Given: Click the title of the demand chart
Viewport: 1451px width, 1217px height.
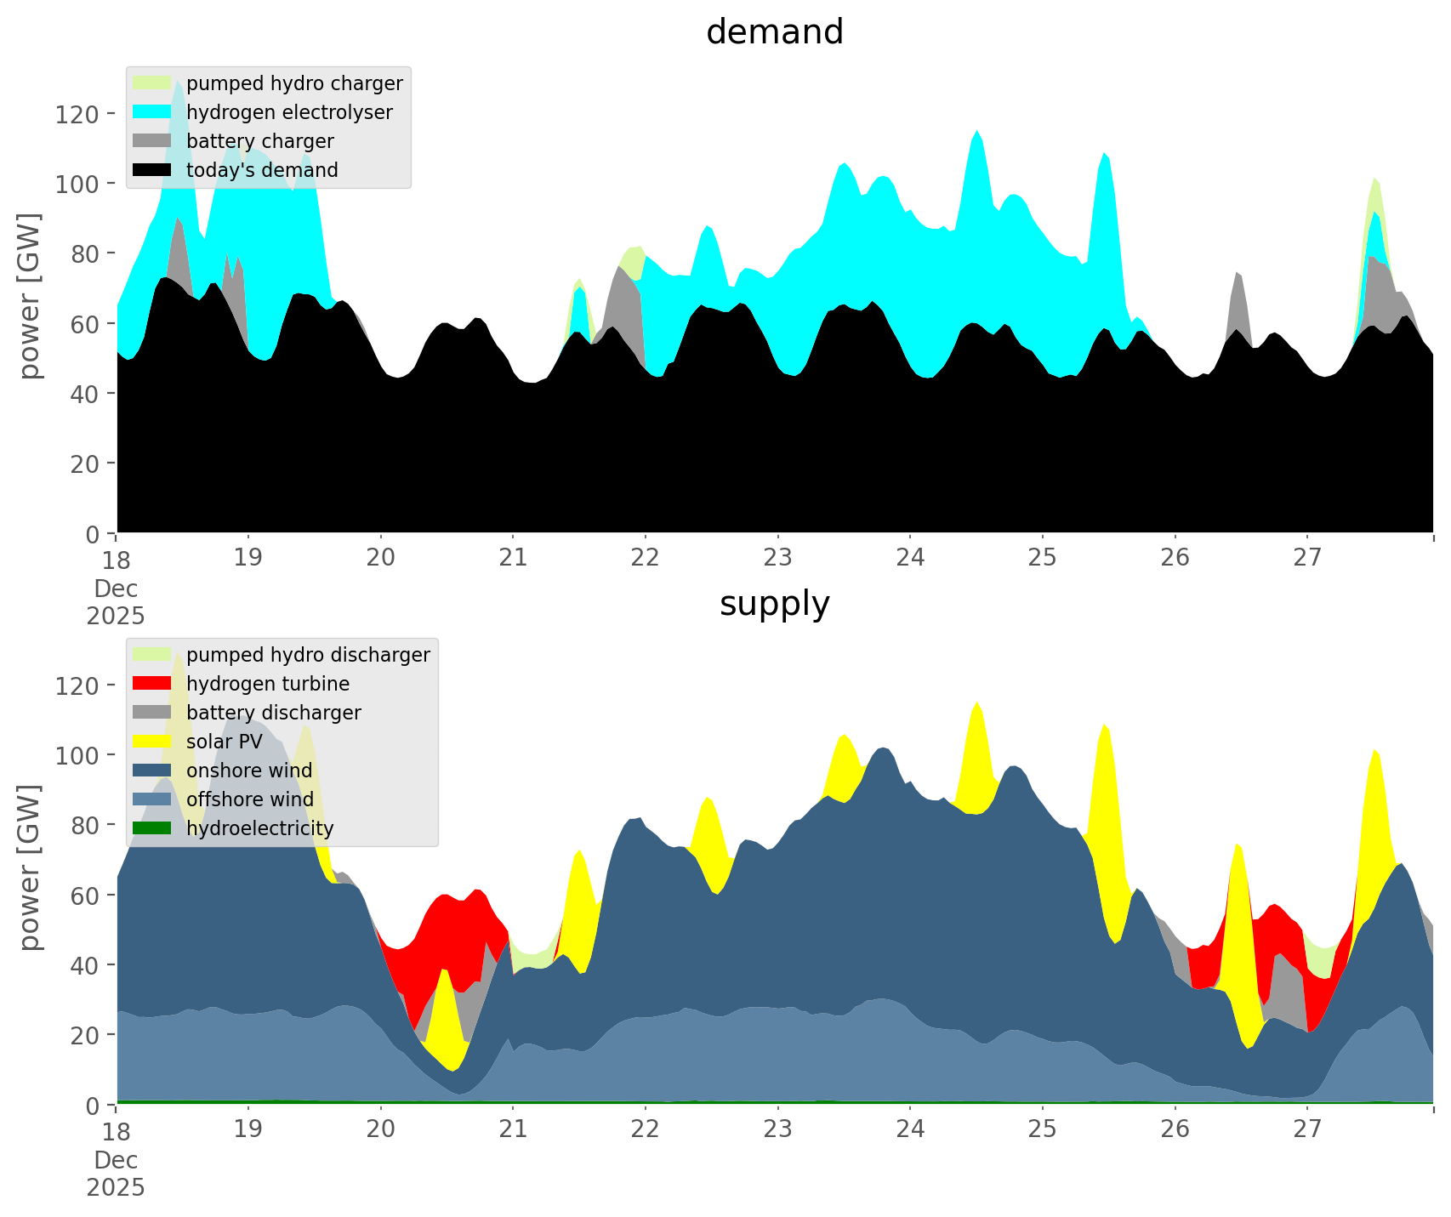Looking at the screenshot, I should [774, 32].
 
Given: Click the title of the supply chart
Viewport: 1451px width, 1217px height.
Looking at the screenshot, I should [774, 604].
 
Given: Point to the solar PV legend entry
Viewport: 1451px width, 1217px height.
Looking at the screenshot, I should [224, 742].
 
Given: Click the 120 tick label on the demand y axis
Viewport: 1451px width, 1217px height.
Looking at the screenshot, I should [77, 114].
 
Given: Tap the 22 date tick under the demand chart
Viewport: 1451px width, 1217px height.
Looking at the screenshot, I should [646, 558].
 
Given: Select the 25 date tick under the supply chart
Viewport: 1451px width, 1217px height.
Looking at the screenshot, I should [1042, 1129].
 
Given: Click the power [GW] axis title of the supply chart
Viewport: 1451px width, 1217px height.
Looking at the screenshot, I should [31, 867].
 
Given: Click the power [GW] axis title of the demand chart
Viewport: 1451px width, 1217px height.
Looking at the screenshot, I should [31, 296].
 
